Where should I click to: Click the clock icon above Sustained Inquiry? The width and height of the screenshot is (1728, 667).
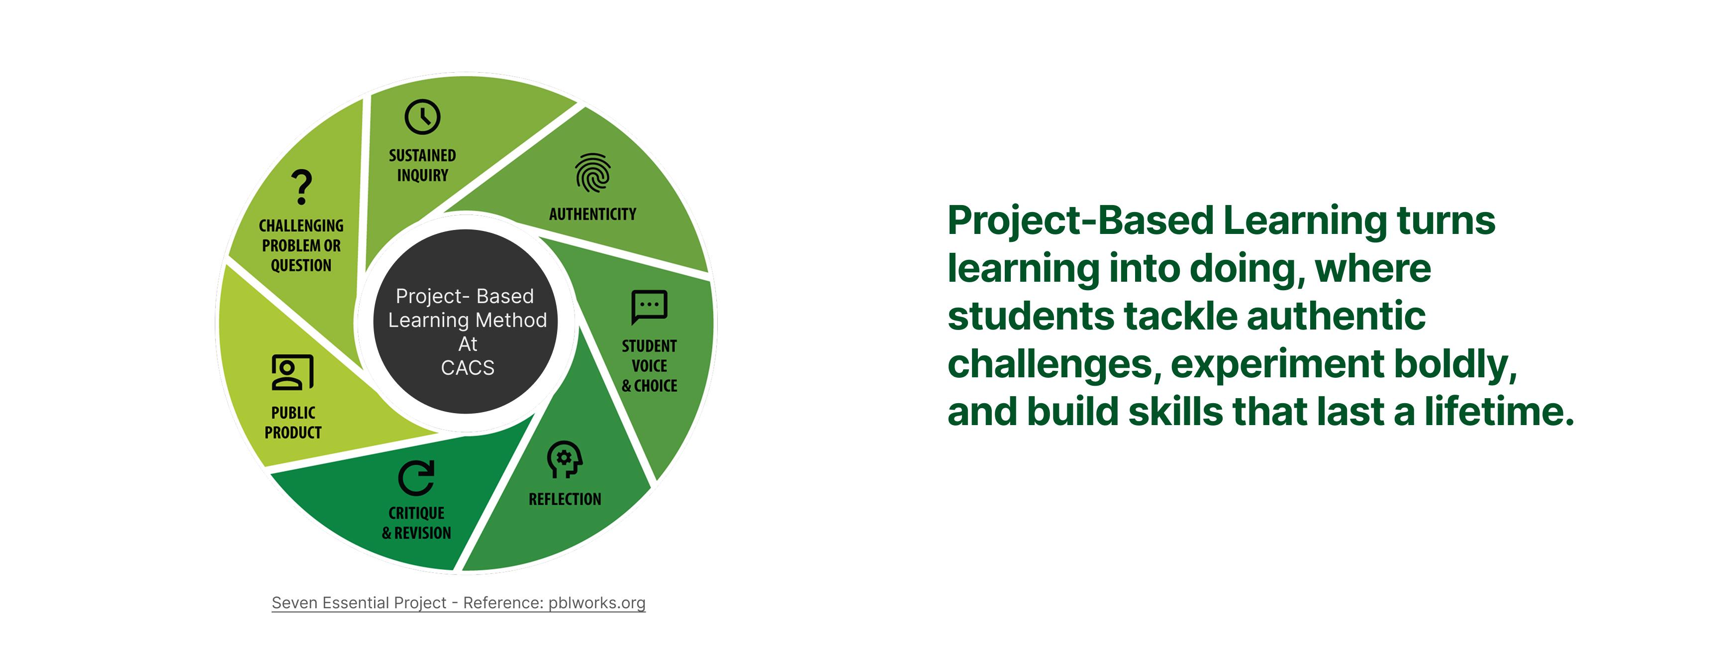click(422, 117)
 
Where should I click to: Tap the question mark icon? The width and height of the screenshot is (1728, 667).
click(302, 187)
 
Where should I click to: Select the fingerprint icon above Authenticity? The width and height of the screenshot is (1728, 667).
click(592, 172)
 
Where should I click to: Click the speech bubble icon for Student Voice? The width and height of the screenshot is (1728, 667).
click(649, 307)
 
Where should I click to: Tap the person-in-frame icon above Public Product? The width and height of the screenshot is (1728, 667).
click(292, 372)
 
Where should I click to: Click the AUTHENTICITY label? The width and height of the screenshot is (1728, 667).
click(592, 214)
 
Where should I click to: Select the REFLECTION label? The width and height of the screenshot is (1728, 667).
click(565, 499)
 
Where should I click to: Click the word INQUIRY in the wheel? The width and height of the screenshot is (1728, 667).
click(423, 175)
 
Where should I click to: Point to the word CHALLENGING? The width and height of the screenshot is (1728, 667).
click(301, 225)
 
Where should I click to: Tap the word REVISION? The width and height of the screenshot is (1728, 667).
click(423, 533)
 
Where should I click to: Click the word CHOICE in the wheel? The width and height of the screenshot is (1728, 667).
click(656, 386)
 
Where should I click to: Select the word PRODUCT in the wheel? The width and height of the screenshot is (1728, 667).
click(293, 433)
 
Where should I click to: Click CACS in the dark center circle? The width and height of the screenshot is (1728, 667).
click(468, 368)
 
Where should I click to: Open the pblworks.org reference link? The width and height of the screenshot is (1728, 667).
click(597, 603)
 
